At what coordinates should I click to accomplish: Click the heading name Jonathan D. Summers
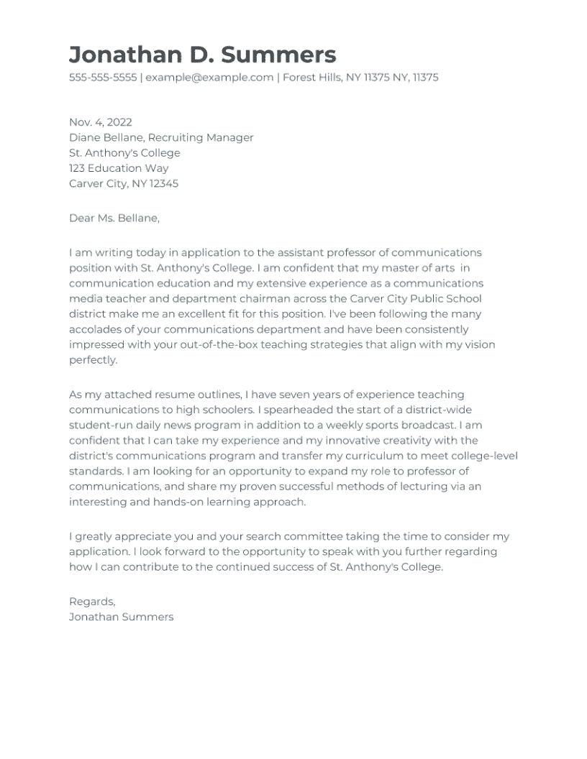[202, 55]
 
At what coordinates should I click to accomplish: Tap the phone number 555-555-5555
[102, 78]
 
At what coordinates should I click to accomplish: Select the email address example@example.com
[209, 78]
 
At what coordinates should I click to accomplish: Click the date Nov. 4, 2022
[101, 122]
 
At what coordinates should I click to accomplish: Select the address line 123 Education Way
[119, 168]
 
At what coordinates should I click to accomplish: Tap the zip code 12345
[163, 183]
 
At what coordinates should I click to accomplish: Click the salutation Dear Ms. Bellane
[114, 218]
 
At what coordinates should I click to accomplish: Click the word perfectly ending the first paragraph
[93, 360]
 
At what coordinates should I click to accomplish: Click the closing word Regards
[91, 602]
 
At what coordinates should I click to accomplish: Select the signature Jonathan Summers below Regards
[121, 617]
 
